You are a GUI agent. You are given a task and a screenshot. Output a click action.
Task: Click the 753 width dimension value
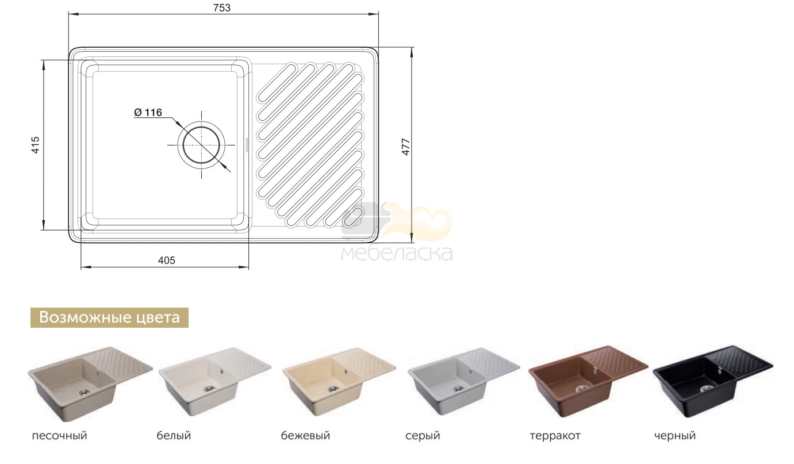coord(222,8)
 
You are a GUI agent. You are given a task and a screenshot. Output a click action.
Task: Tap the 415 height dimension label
coord(36,145)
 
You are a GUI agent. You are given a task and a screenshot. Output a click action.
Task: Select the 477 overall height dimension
coord(406,147)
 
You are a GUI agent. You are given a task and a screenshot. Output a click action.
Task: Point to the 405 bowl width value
coord(167,260)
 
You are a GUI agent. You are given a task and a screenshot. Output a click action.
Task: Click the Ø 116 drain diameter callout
coord(148,112)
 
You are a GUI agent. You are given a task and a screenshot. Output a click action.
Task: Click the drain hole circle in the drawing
coord(201,145)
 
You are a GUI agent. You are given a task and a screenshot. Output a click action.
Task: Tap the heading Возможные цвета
coord(110,317)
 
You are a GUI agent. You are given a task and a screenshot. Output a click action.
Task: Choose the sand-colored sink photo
coord(90,384)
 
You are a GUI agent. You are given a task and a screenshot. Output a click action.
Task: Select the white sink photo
coord(215,382)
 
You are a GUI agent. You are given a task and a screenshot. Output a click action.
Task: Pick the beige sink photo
coord(339,382)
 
